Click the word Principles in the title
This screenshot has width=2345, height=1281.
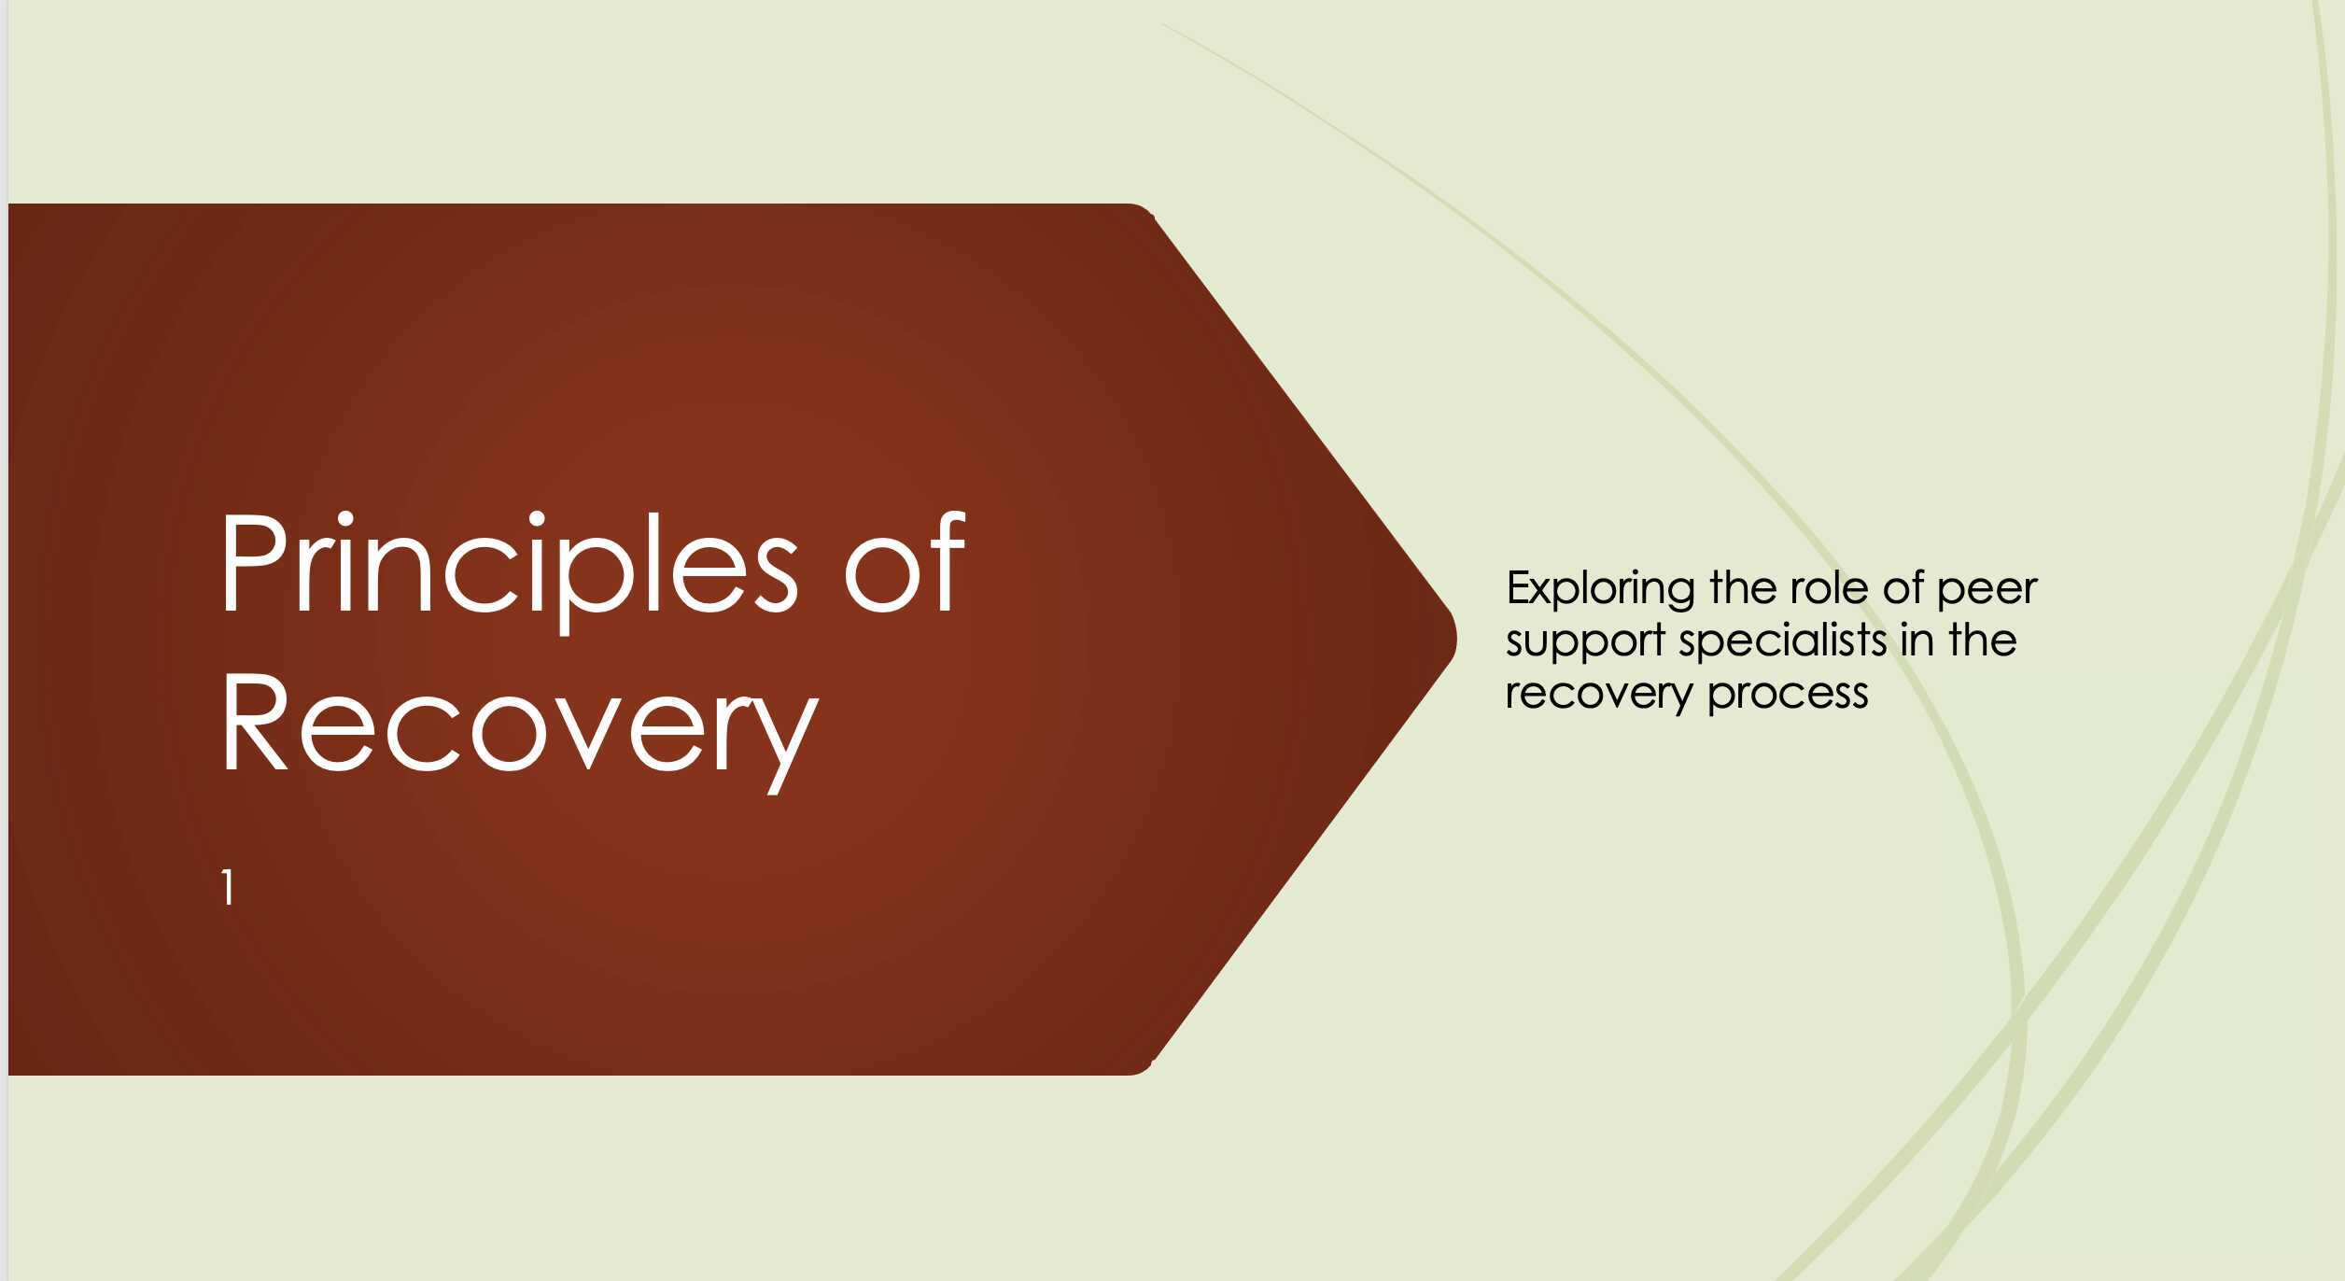click(508, 566)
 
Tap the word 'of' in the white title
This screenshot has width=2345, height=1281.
click(904, 566)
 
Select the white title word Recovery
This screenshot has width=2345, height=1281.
click(518, 724)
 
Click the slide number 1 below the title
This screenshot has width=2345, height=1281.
click(227, 887)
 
